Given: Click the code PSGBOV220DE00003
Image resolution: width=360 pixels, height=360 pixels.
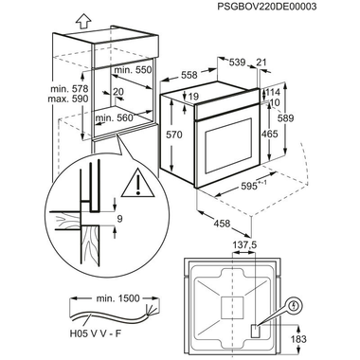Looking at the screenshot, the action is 267,7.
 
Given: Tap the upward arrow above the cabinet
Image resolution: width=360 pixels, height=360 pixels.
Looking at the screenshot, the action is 83,22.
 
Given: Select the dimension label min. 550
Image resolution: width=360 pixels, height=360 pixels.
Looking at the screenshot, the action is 133,70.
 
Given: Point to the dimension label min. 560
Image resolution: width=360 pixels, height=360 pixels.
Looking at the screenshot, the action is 114,118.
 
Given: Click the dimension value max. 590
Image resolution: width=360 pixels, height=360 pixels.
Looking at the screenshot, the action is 68,99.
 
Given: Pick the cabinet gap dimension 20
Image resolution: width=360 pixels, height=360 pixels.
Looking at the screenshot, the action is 118,92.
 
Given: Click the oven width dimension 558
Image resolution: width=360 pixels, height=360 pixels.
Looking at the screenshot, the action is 189,75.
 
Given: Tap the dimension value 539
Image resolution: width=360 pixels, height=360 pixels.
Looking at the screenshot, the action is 237,63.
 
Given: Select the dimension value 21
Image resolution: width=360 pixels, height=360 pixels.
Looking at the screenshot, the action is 261,63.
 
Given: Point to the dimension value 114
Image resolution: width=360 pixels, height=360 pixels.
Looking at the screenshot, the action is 272,92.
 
